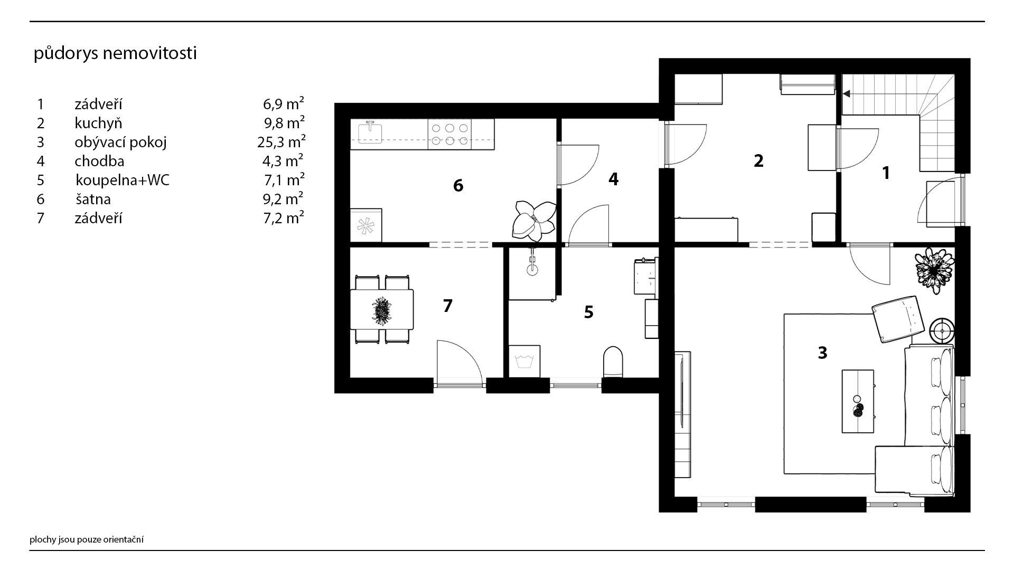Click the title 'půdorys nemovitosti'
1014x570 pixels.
115,54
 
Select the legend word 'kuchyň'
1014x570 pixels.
98,123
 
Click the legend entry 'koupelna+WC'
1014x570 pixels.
123,180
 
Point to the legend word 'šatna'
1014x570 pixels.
93,199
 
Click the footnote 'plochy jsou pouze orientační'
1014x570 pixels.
87,539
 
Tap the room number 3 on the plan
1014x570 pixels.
822,353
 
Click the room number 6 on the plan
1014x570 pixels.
458,185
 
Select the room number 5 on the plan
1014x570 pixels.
588,312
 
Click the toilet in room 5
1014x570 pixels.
613,362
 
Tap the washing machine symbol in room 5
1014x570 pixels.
524,362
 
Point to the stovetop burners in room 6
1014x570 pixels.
449,134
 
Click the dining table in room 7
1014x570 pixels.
382,309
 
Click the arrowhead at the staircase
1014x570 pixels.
846,94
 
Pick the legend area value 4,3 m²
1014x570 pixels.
284,160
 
